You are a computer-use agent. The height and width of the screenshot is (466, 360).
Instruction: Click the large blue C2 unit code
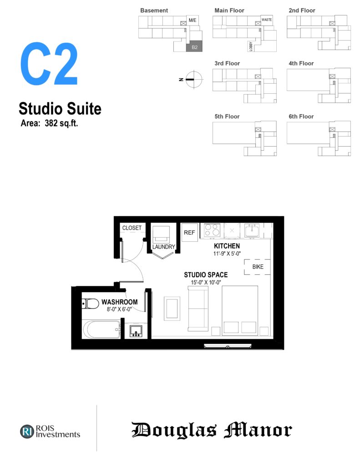(49, 64)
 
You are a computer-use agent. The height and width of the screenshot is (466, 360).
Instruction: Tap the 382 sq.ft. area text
(61, 123)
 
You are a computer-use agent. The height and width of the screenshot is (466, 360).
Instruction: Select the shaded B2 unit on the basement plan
(194, 47)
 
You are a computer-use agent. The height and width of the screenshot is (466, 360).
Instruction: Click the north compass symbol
(194, 80)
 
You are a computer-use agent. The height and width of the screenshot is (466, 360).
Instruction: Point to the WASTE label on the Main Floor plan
(267, 20)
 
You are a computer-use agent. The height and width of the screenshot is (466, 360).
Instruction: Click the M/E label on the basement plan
(193, 20)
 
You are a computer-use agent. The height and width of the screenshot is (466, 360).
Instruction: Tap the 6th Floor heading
(301, 116)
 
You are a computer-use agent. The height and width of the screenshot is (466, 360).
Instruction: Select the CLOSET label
(132, 228)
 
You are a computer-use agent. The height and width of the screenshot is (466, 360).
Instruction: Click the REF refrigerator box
(189, 233)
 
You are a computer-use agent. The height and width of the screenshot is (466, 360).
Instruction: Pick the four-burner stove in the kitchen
(212, 231)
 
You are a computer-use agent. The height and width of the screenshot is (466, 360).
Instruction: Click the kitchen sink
(252, 230)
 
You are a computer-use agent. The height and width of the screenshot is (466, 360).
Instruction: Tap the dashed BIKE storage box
(257, 267)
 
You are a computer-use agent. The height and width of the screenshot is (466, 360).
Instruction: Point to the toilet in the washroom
(91, 304)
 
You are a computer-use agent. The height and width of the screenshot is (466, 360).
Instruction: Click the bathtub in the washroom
(101, 329)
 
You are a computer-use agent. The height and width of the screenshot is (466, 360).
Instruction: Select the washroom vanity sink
(136, 331)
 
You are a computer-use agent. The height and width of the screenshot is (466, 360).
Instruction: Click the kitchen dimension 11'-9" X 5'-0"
(227, 253)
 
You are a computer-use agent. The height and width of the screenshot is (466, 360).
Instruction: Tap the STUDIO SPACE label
(206, 275)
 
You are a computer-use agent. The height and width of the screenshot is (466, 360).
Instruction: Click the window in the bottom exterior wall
(228, 346)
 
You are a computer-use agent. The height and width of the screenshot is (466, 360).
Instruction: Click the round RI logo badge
(27, 431)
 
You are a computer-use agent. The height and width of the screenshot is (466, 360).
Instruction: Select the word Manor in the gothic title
(258, 430)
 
